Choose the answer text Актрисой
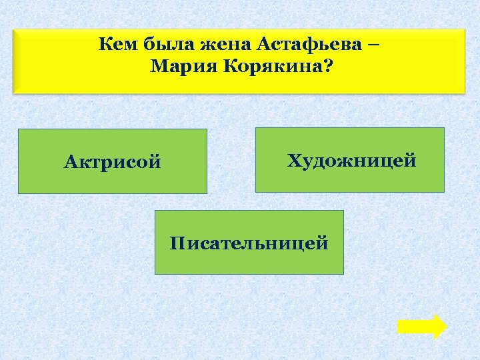(113, 162)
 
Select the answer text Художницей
(351, 161)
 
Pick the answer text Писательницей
(249, 243)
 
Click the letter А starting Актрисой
(70, 162)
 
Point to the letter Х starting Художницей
(293, 161)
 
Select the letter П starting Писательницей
(177, 243)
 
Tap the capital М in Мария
(158, 67)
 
